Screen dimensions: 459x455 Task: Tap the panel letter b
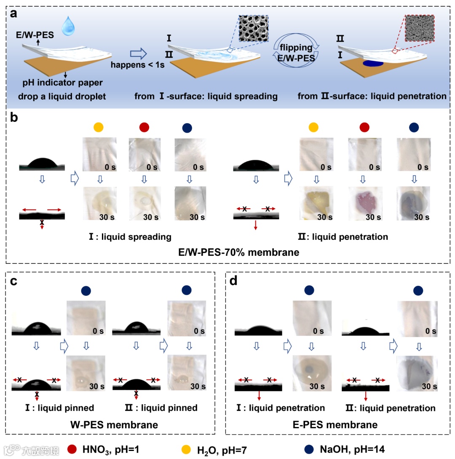click(x=14, y=118)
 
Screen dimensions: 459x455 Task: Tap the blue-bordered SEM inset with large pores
click(x=253, y=28)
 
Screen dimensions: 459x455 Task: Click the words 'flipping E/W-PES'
click(x=294, y=53)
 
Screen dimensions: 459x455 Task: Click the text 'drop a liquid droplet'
click(x=62, y=97)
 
